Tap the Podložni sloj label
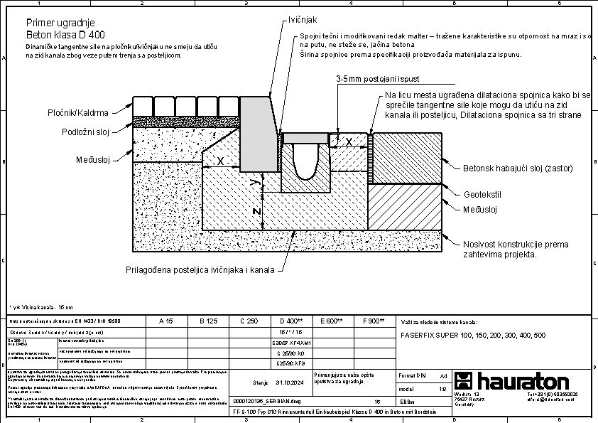tap(85, 132)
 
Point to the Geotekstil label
tap(482, 193)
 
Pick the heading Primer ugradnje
tap(60, 23)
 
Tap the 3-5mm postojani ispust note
tap(375, 80)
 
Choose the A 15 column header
tap(165, 321)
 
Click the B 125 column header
tap(207, 321)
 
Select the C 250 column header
tap(249, 321)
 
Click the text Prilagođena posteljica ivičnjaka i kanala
tap(201, 270)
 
